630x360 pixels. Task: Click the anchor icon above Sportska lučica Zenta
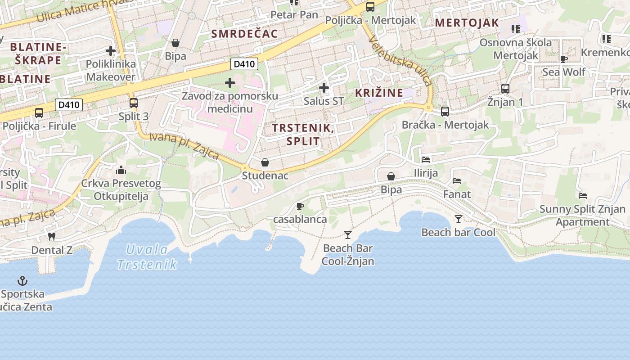click(22, 281)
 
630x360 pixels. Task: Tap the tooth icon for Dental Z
click(52, 236)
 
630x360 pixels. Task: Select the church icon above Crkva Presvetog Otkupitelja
click(121, 170)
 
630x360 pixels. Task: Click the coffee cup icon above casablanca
click(300, 206)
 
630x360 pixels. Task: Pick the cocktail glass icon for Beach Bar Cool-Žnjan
click(347, 234)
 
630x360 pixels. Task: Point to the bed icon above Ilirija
click(426, 159)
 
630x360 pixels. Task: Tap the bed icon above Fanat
click(457, 181)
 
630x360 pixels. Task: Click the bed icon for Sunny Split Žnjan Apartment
click(583, 196)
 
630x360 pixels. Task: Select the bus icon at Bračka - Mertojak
click(445, 111)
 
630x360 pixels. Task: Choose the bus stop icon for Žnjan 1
click(505, 89)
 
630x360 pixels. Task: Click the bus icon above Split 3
click(134, 103)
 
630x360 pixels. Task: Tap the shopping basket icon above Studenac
click(265, 162)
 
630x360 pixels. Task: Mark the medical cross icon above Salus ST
click(324, 88)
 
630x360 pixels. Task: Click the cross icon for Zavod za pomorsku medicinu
click(230, 83)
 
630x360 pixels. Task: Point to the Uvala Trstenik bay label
click(147, 256)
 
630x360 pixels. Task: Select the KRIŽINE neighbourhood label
click(379, 93)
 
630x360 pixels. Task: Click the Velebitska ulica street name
click(400, 60)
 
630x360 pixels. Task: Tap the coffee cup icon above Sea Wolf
click(564, 58)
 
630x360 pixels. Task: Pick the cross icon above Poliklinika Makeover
click(111, 51)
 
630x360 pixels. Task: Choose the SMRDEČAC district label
click(244, 34)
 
